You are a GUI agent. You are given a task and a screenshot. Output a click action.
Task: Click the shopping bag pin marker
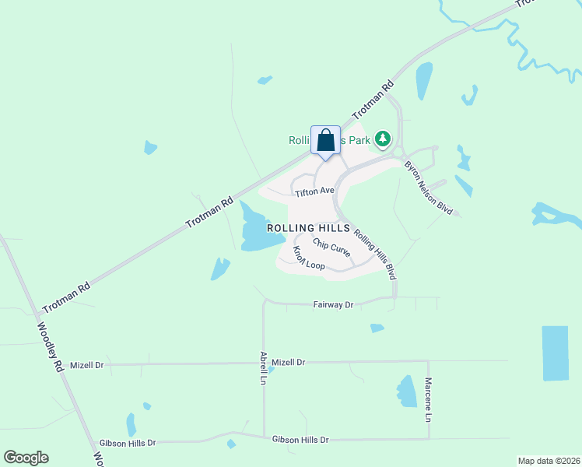pos(325,142)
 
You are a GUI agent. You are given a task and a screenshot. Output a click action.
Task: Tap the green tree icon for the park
pos(382,139)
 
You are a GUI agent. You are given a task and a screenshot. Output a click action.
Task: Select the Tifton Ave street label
pos(314,191)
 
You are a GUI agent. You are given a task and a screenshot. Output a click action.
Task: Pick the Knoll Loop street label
pos(309,258)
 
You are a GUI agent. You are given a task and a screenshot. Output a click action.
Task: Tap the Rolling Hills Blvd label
pos(375,254)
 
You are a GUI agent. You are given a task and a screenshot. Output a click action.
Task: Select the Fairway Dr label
pos(333,305)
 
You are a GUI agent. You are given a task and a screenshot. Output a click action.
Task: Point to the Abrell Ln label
pos(263,368)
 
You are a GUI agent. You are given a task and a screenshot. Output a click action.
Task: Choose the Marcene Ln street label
pos(428,400)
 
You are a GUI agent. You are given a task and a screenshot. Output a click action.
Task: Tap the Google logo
pos(26,458)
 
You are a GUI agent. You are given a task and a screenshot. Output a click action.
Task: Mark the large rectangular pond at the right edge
pos(555,353)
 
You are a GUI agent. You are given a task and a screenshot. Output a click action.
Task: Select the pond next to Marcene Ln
pos(407,392)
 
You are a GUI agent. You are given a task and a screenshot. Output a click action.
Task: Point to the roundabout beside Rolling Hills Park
pos(398,153)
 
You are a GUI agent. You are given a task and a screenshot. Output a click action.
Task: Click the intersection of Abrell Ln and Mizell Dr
pos(264,363)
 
